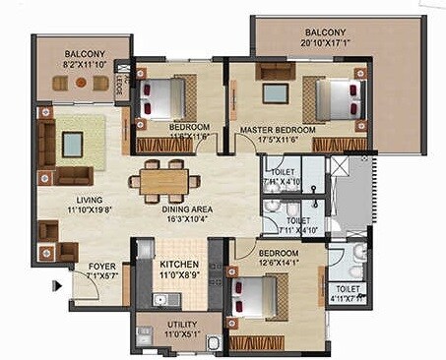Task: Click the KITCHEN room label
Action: (x=179, y=266)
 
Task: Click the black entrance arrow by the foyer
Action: (x=58, y=286)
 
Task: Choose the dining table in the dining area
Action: (x=163, y=181)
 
